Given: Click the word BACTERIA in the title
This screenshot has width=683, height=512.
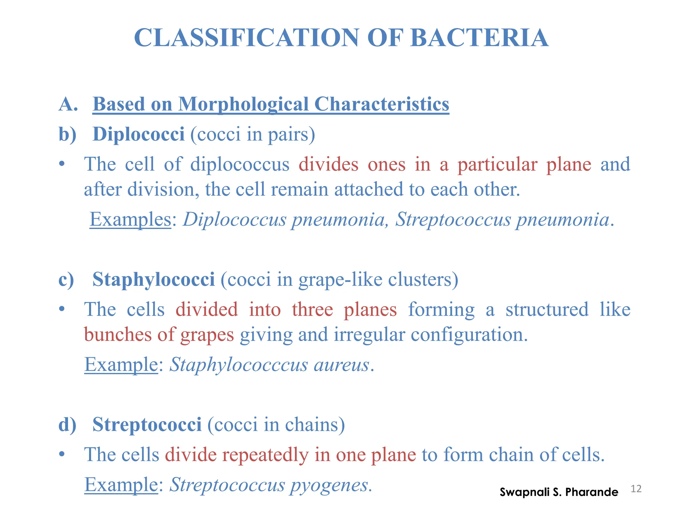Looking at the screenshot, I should click(x=479, y=38).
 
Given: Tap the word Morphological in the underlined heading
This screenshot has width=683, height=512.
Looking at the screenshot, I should click(x=243, y=104).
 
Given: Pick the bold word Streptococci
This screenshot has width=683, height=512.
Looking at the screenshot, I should click(x=147, y=424).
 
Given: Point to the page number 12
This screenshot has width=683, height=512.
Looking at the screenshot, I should click(x=636, y=489).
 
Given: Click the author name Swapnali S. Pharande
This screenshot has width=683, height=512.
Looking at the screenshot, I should click(x=559, y=492).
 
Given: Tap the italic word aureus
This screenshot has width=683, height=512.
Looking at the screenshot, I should click(x=341, y=364).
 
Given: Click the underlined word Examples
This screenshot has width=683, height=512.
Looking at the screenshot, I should click(x=130, y=219).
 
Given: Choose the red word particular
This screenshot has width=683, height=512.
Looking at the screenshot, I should click(x=497, y=164).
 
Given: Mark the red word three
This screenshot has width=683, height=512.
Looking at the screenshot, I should click(x=312, y=309).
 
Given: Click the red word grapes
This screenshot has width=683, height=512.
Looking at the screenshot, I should click(x=207, y=335).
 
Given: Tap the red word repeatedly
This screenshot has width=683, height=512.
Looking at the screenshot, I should click(x=265, y=455).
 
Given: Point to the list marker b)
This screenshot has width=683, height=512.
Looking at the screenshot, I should click(x=67, y=134).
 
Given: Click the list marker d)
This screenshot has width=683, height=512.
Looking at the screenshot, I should click(x=67, y=425).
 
